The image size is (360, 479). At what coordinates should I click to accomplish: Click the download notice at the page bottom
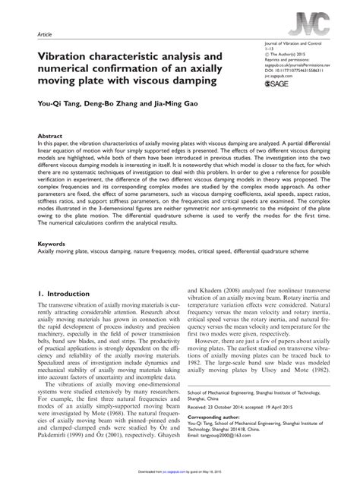179,472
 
